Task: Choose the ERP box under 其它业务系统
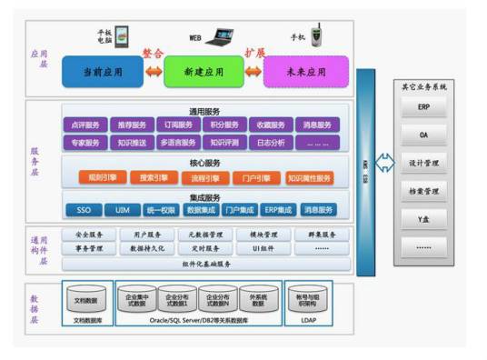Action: coord(423,107)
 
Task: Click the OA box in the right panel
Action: coord(423,135)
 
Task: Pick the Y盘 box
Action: coord(423,218)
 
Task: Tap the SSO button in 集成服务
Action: coord(84,210)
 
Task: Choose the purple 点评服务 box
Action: coord(84,125)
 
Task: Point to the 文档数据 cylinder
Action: coord(88,300)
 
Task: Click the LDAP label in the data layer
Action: coord(310,321)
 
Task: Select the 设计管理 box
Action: coord(423,164)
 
